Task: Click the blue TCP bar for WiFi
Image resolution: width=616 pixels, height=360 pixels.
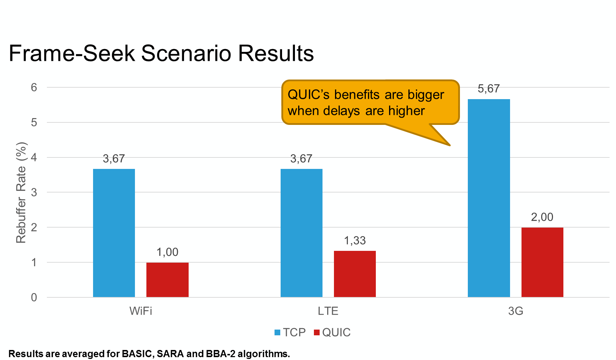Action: [x=114, y=233]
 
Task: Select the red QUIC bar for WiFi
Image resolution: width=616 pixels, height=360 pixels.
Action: [x=168, y=280]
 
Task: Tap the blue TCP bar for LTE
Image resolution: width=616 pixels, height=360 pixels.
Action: [x=301, y=233]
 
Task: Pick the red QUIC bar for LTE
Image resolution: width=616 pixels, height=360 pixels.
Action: [x=355, y=274]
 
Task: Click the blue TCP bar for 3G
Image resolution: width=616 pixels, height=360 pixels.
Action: [x=489, y=198]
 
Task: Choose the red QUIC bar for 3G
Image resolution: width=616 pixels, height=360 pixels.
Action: [x=542, y=262]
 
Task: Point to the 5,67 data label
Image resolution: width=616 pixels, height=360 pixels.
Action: [x=489, y=89]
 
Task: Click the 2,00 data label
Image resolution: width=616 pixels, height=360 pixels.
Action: [x=542, y=217]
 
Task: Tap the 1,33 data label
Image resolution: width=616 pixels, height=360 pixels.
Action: [x=355, y=241]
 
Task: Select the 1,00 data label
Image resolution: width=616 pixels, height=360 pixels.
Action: [x=167, y=252]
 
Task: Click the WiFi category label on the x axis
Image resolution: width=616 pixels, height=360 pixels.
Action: [x=141, y=311]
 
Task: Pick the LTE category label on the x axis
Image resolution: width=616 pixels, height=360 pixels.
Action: [x=328, y=311]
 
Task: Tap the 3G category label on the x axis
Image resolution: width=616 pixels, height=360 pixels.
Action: [x=515, y=311]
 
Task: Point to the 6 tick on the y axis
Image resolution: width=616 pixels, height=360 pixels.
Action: [x=34, y=87]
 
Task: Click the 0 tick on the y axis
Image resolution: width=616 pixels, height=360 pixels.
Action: [x=34, y=297]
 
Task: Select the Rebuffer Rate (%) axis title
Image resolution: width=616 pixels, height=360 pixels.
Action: [x=21, y=193]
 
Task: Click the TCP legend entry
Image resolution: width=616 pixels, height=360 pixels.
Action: [x=290, y=332]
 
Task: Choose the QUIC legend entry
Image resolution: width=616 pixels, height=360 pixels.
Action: [x=332, y=332]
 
